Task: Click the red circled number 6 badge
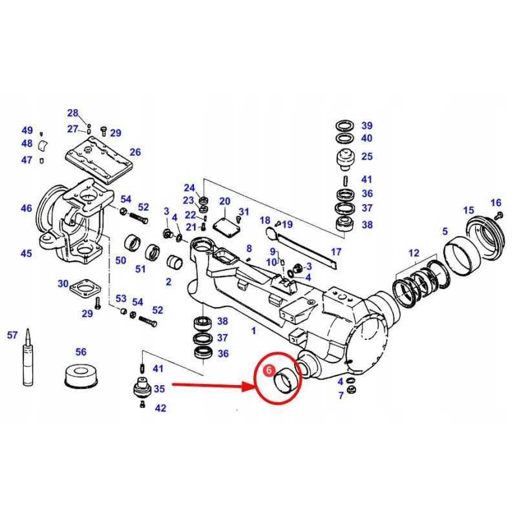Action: [269, 370]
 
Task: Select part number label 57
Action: [12, 335]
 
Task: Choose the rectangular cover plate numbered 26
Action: [99, 159]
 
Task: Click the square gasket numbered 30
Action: [85, 286]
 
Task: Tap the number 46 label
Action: [26, 208]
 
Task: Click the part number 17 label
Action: [335, 252]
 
